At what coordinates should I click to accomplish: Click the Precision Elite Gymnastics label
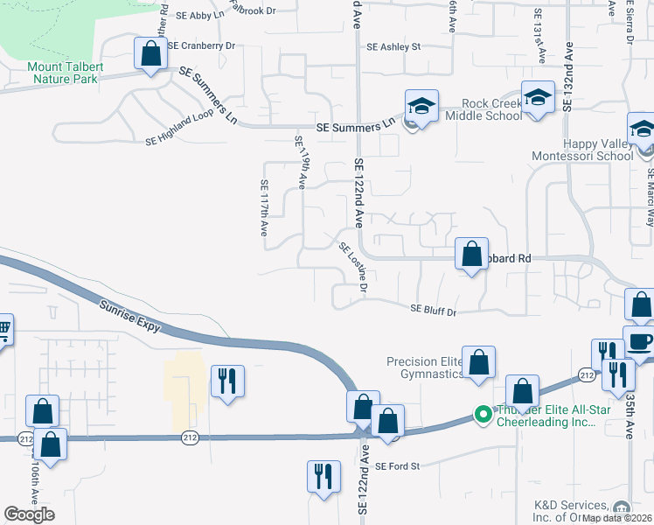(x=425, y=368)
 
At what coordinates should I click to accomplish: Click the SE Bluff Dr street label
(x=434, y=309)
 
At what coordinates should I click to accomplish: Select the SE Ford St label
(x=398, y=466)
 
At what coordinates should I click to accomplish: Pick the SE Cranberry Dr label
(x=202, y=45)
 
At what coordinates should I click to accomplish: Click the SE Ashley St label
(x=393, y=47)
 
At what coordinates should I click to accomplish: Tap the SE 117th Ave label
(x=263, y=208)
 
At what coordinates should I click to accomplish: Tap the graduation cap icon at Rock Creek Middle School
(x=421, y=107)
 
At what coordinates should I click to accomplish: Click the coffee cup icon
(x=639, y=341)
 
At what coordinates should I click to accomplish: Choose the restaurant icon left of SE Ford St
(x=323, y=476)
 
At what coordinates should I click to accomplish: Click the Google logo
(x=29, y=514)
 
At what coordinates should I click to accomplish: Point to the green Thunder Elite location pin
(x=481, y=414)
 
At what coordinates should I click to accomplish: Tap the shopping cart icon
(x=3, y=330)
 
